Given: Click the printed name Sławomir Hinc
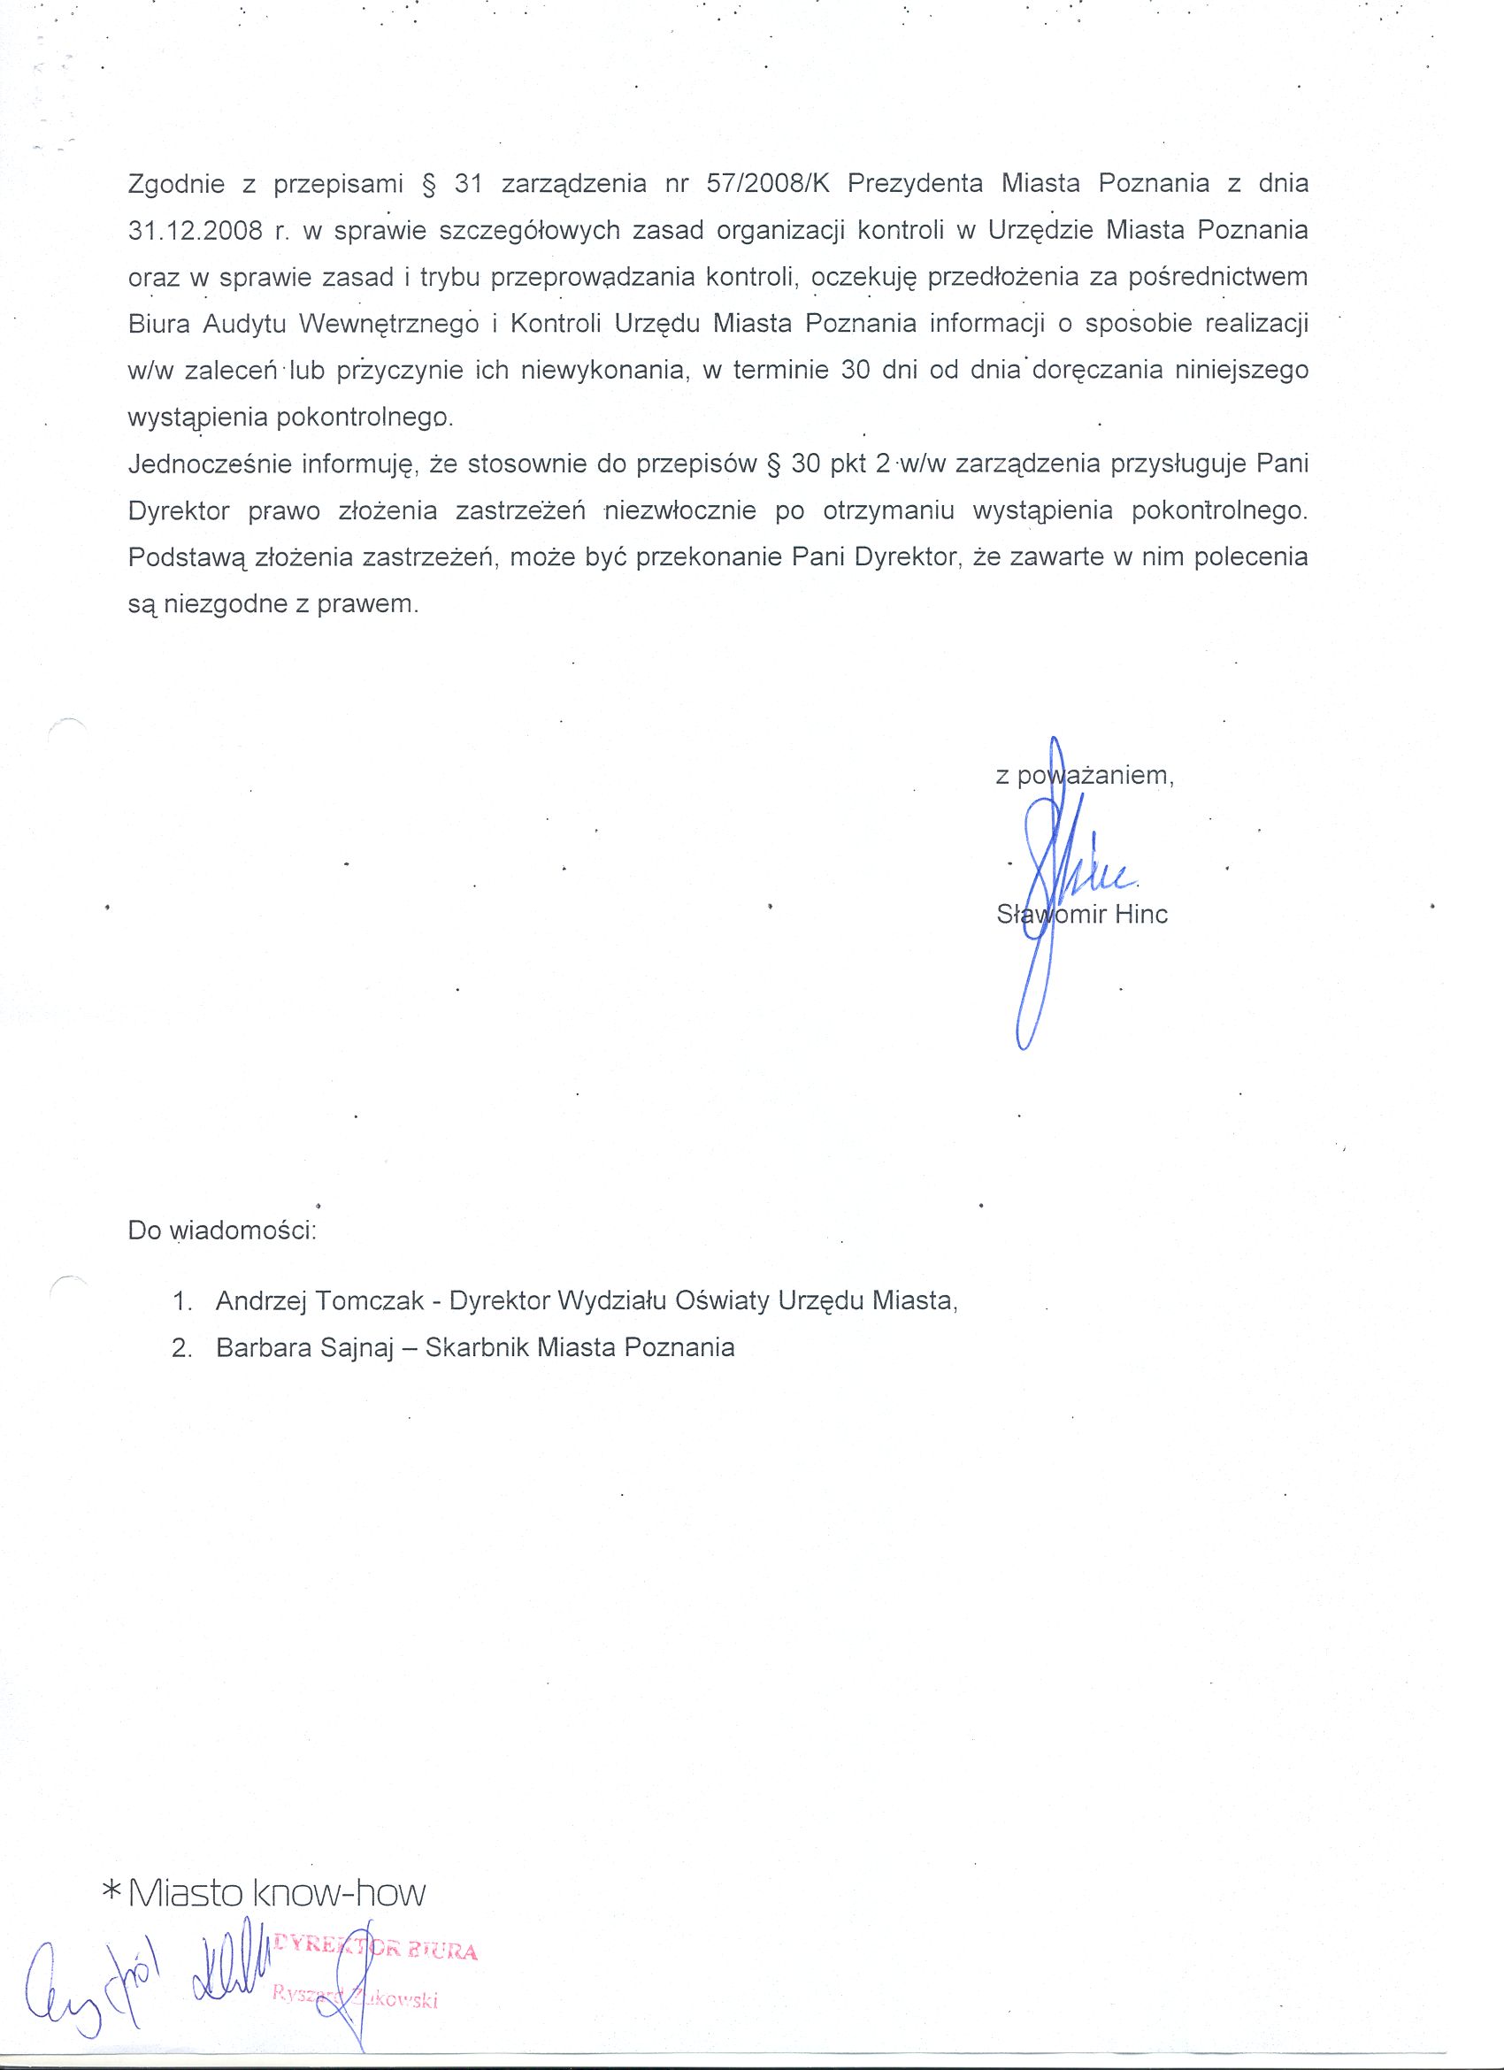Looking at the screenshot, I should (x=1082, y=915).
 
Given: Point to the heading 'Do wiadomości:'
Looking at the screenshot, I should (x=222, y=1230).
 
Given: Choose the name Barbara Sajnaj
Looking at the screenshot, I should (x=304, y=1348).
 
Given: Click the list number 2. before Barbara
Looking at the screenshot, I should (x=181, y=1348).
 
